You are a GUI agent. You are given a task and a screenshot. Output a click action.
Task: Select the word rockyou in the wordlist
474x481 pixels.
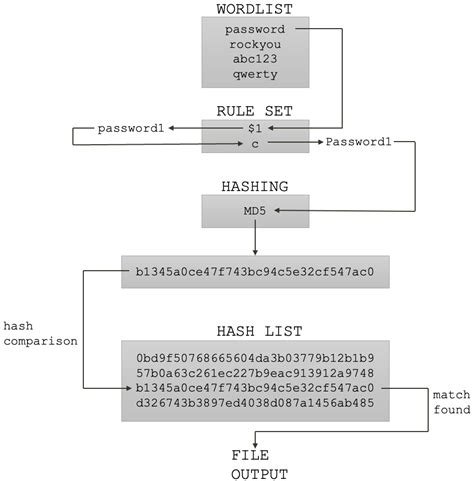pos(253,45)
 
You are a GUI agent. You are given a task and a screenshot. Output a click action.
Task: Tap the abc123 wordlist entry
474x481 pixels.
pos(253,59)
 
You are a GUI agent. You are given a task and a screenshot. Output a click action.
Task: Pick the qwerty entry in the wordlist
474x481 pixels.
pos(253,74)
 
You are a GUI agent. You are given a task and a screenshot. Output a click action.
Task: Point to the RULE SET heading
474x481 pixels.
pos(253,110)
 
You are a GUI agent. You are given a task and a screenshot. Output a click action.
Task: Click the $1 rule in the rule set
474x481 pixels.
pos(253,128)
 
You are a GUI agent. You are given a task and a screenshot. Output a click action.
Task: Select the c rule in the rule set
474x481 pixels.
pos(253,144)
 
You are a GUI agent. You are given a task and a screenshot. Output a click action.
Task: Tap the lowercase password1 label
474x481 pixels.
pos(133,129)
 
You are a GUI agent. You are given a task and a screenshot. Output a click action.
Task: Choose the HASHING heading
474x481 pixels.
pos(253,186)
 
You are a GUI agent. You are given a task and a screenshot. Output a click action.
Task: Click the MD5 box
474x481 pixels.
pos(253,210)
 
